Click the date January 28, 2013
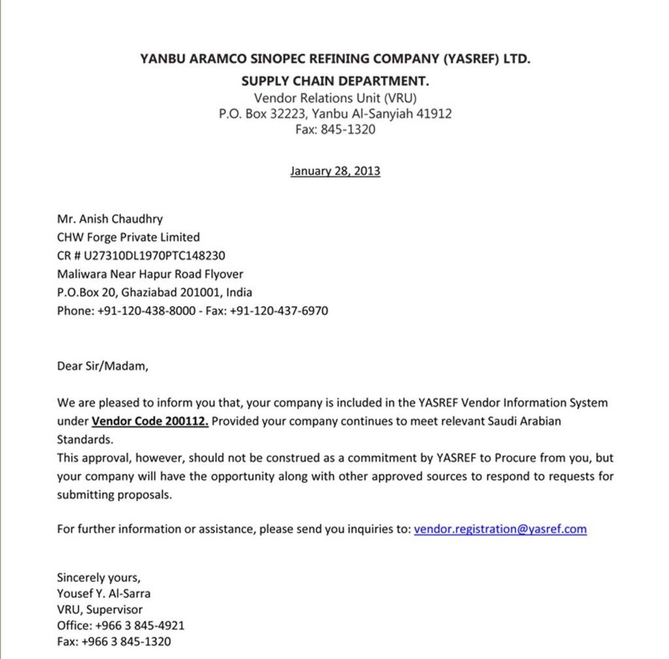tap(335, 172)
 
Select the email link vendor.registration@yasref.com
tap(500, 529)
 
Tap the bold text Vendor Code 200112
tap(150, 421)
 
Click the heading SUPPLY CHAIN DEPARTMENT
tap(335, 82)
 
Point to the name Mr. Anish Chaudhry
tap(110, 220)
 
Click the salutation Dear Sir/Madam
tap(103, 366)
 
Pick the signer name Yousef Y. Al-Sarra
tap(104, 594)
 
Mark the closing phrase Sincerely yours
tap(99, 577)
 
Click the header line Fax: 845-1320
tap(335, 129)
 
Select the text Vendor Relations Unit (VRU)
tap(335, 98)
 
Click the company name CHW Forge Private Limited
tap(129, 237)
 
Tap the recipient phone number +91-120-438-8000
tap(146, 311)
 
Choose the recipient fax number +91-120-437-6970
tap(279, 311)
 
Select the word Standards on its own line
tap(84, 439)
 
